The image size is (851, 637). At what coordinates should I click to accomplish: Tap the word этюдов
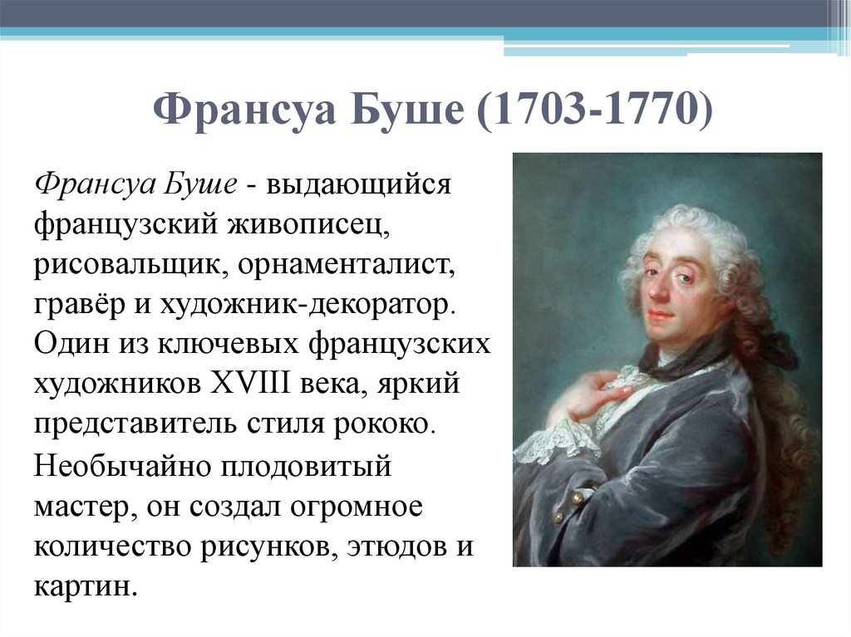coord(374,546)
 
